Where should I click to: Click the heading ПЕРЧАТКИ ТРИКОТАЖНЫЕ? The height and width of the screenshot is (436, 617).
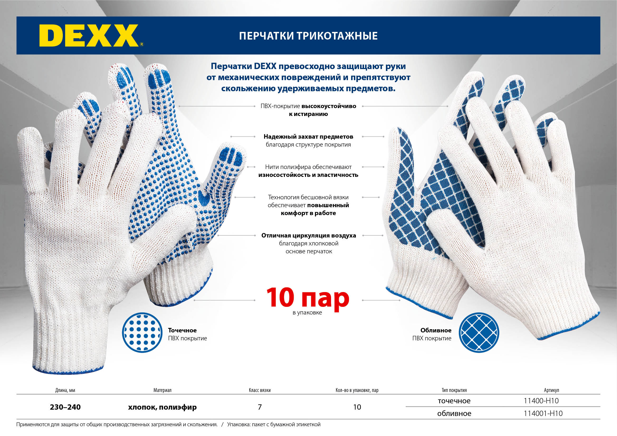pos(308,36)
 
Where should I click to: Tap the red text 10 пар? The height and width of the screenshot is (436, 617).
pos(307,298)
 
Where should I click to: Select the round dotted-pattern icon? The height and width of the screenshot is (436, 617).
pos(142,333)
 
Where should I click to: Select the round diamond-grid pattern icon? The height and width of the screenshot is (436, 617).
pos(479,333)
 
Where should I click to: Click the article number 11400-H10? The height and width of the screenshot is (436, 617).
pos(541,401)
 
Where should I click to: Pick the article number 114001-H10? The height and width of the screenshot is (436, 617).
pos(543,413)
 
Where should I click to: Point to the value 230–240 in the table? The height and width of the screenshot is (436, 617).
pos(65,407)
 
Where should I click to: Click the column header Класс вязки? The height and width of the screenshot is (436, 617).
pos(260,390)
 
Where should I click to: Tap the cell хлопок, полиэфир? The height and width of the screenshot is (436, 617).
pos(162,407)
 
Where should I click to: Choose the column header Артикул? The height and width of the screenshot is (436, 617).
pos(551,390)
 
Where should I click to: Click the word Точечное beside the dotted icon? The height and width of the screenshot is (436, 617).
pos(182,330)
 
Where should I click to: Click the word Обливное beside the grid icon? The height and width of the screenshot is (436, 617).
pos(436,330)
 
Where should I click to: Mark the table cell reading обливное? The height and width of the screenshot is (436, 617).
pos(454,413)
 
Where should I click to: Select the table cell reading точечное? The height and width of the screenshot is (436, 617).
pos(454,401)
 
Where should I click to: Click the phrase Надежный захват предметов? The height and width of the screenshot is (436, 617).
pos(308,137)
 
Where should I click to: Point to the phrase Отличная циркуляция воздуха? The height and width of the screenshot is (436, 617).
pos(309,236)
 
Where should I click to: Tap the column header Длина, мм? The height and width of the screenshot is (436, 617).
pos(65,390)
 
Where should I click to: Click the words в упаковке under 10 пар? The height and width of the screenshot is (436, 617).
pos(307,313)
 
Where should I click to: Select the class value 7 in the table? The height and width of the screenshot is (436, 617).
pos(260,407)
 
